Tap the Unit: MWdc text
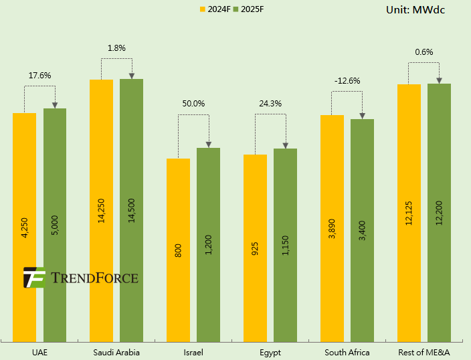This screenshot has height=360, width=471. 415,9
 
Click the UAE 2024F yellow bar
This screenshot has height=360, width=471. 25,228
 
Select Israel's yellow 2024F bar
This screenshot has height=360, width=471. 179,250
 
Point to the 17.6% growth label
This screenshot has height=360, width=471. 40,76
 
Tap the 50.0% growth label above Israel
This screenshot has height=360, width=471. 194,104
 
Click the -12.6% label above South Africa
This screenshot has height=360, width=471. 347,81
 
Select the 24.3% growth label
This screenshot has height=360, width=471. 270,104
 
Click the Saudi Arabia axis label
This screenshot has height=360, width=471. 116,352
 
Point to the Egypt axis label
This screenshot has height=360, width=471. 270,352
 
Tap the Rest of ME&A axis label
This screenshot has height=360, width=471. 423,352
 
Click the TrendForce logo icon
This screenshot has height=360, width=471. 34,277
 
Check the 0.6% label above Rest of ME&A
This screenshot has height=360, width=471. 424,52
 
